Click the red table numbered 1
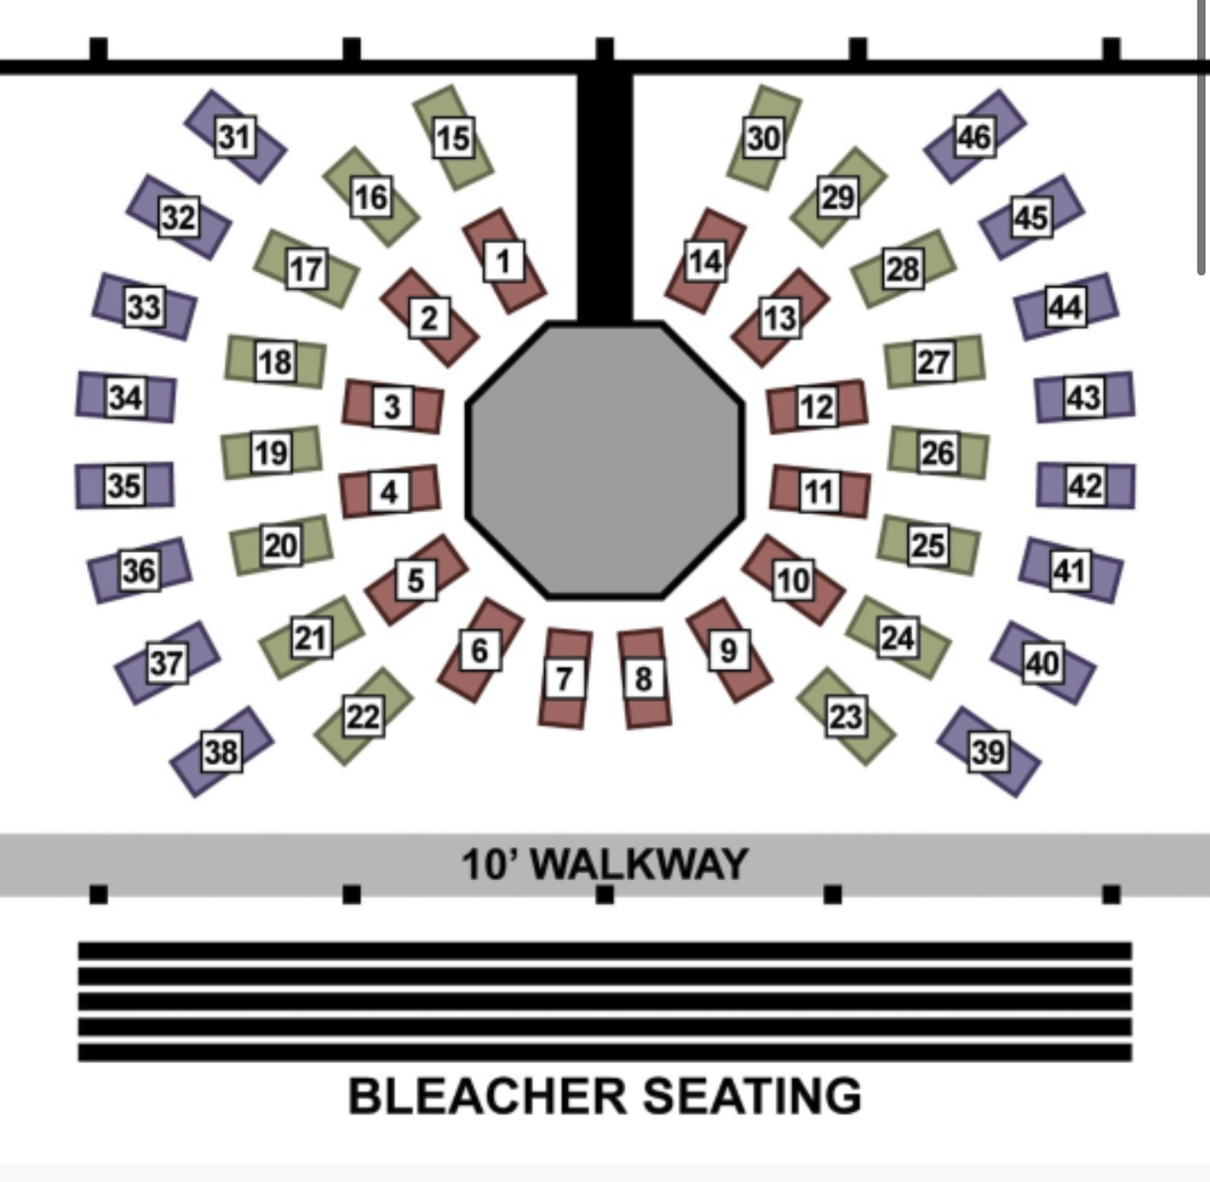(x=504, y=261)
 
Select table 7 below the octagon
(x=564, y=679)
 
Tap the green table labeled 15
(x=454, y=137)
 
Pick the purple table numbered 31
(x=235, y=136)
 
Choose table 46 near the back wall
(x=975, y=136)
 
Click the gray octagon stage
(x=605, y=460)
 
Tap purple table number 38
(x=222, y=752)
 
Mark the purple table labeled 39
(x=988, y=752)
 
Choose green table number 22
(x=363, y=717)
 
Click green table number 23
(x=846, y=717)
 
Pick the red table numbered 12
(x=817, y=407)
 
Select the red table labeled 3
(x=392, y=407)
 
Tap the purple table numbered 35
(x=124, y=485)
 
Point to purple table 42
(x=1086, y=485)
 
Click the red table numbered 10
(x=793, y=580)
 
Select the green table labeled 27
(x=934, y=362)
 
